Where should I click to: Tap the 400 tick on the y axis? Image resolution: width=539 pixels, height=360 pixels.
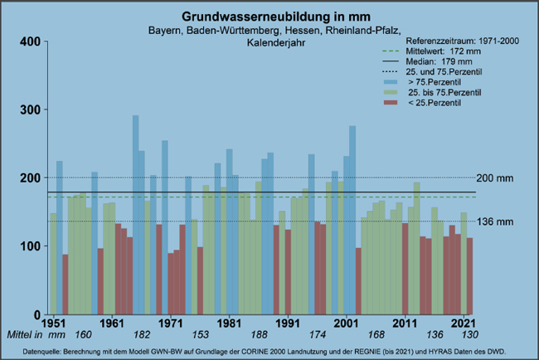(29, 41)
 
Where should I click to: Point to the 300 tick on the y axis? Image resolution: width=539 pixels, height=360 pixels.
(29, 109)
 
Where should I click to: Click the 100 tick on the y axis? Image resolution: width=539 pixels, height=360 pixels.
(29, 246)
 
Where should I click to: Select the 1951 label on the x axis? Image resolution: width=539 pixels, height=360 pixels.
(53, 322)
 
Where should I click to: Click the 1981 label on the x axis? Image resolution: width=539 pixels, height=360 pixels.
(229, 322)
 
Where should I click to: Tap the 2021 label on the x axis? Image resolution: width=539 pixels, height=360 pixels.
(463, 322)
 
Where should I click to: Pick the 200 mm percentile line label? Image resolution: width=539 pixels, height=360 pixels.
(500, 178)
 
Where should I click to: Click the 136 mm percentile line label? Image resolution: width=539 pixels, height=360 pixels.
(500, 221)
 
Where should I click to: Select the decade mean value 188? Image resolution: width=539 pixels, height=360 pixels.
(258, 334)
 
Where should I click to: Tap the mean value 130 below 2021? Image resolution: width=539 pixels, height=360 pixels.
(469, 334)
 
